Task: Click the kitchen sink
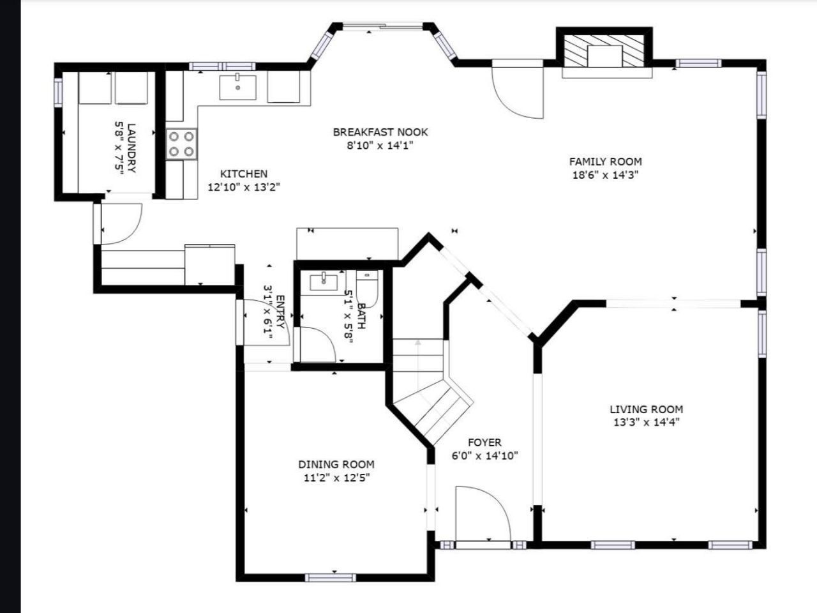(238, 87)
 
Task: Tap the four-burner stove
(181, 144)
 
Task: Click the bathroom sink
(324, 281)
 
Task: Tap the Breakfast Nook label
(380, 132)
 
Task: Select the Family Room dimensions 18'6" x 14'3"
(606, 175)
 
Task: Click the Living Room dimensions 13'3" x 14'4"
(647, 423)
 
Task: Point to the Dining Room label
(336, 464)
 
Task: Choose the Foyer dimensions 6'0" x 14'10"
(485, 455)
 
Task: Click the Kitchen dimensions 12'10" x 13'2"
(244, 187)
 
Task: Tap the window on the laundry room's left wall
(58, 92)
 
